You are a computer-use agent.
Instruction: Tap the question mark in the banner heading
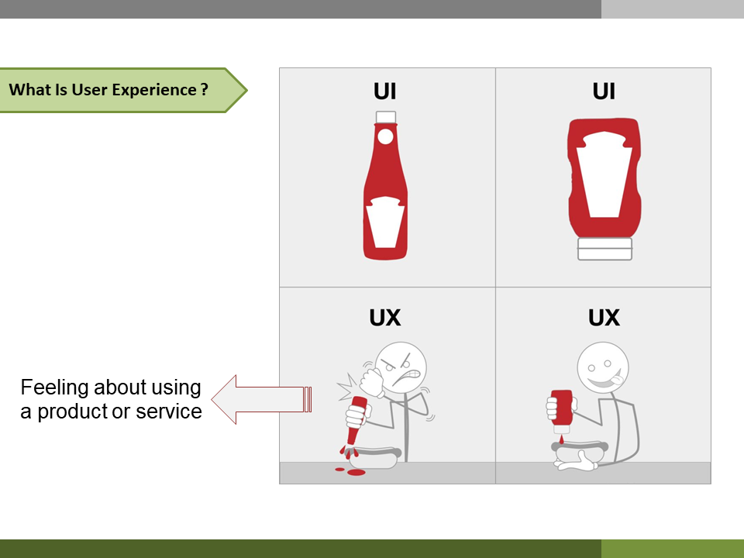tap(204, 89)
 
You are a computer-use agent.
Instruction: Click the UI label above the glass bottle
tap(385, 91)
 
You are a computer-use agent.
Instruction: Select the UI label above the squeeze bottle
tap(604, 91)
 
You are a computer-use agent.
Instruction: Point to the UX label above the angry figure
tap(385, 318)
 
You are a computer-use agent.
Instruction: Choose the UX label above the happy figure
tap(604, 318)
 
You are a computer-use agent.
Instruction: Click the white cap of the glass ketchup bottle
tap(386, 117)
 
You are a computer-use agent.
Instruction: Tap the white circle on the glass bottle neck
tap(385, 136)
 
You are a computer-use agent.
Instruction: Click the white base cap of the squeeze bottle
tap(604, 249)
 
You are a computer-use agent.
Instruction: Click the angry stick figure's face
tap(401, 367)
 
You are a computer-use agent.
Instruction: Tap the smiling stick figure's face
tap(603, 367)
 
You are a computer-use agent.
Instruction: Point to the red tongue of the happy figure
tap(615, 379)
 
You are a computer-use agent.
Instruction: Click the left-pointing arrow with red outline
tap(261, 399)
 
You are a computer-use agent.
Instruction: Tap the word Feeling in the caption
tap(54, 388)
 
